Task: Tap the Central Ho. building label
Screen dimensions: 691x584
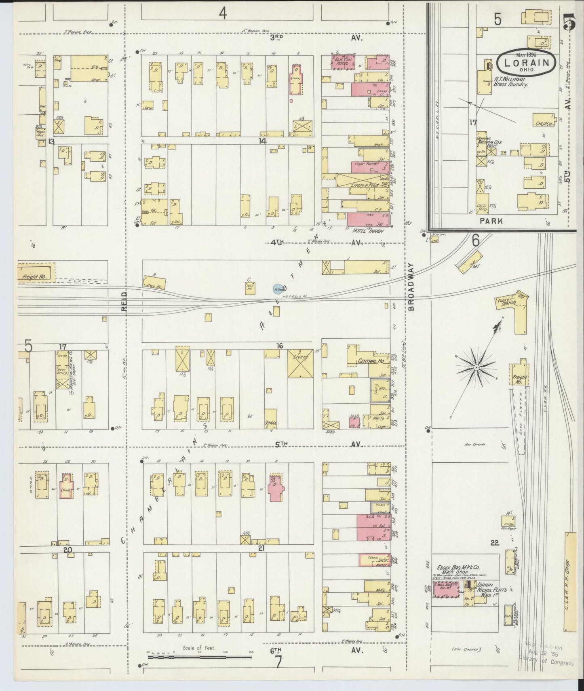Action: (370, 361)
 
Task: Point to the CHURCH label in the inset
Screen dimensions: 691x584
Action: (544, 124)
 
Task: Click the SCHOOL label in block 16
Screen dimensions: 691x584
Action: (271, 423)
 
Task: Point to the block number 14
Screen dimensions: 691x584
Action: (263, 141)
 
